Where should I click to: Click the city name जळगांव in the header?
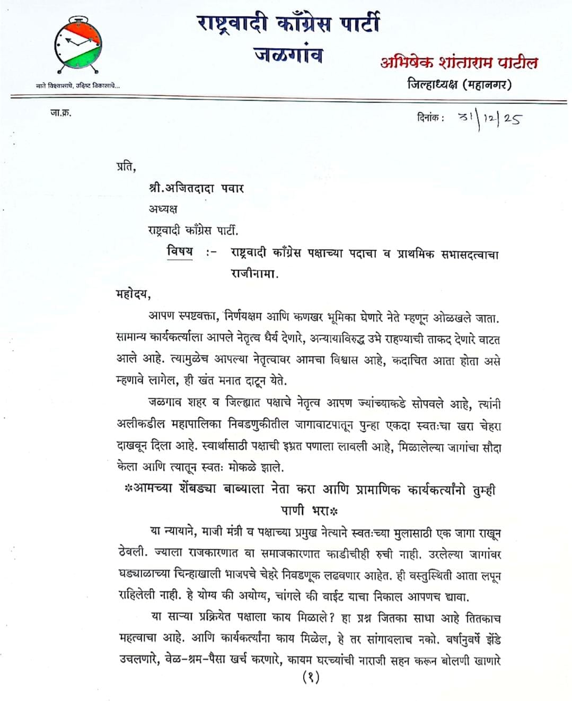pos(288,55)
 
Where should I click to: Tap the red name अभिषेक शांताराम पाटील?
pos(459,63)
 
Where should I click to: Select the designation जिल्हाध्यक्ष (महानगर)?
pos(459,84)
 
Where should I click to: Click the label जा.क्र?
pos(60,112)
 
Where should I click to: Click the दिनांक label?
pos(430,118)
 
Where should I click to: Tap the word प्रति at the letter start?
pos(126,167)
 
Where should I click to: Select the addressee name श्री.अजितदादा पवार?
pos(196,188)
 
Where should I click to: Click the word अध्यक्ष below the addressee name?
pos(163,209)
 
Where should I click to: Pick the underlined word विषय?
pos(180,251)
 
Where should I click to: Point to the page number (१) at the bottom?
pos(311,677)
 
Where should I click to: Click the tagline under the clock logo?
pos(77,86)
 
